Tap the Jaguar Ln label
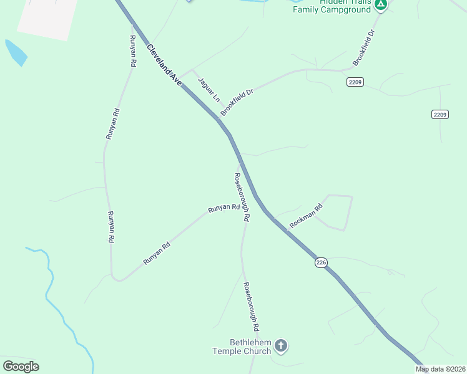point(209,89)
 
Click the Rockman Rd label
point(306,216)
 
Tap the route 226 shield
point(321,262)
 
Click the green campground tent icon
point(381,4)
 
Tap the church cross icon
point(281,345)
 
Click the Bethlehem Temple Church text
point(242,347)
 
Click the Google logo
point(21,366)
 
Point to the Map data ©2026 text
point(441,369)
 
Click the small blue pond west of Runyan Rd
point(16,52)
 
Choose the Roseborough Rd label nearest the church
point(251,305)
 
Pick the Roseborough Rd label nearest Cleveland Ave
point(242,198)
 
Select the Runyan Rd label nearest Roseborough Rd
point(224,208)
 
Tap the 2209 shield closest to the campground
point(355,82)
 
